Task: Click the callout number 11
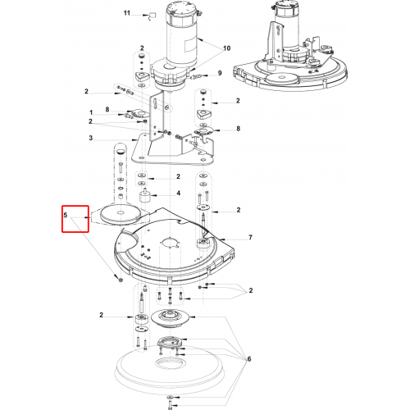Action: click(x=126, y=13)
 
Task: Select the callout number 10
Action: click(x=226, y=48)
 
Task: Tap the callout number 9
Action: click(x=220, y=73)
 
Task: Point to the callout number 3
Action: click(x=91, y=138)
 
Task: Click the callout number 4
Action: click(x=178, y=194)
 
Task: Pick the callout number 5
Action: click(x=66, y=215)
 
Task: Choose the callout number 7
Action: click(x=250, y=237)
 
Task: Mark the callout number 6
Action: click(x=249, y=358)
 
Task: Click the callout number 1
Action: click(x=91, y=112)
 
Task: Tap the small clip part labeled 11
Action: click(x=153, y=16)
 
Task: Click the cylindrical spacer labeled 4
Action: click(x=143, y=196)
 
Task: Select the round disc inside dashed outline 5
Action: click(x=121, y=215)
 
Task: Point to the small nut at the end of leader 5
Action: click(x=120, y=280)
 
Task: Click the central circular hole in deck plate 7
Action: click(x=171, y=243)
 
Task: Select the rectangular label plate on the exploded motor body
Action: click(x=192, y=44)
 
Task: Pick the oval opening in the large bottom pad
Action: click(x=170, y=362)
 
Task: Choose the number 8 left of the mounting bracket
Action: click(x=107, y=110)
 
